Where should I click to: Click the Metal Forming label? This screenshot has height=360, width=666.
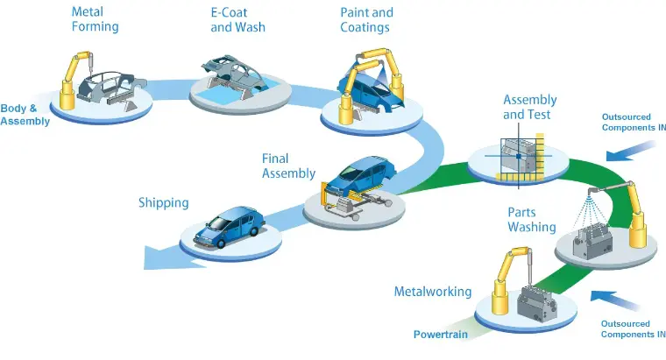point(95,19)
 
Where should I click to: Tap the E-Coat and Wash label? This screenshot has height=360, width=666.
point(237,20)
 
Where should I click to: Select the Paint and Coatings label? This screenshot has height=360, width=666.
point(366,20)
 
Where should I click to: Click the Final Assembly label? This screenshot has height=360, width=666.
point(288,166)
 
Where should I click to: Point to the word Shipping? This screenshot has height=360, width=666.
point(164,203)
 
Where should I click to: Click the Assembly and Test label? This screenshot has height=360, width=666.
point(529,107)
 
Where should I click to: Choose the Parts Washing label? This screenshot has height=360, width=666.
point(532,220)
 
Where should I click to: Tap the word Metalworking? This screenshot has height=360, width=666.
point(433,292)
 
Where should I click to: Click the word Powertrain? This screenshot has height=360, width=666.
point(441,335)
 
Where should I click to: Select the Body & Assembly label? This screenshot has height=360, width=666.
point(25,115)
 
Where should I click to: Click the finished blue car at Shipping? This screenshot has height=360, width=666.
point(230,227)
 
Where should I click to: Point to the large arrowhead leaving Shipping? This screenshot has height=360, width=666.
point(170,258)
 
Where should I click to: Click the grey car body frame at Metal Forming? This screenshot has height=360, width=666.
point(111,88)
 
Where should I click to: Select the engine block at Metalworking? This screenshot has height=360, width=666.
point(537,304)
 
